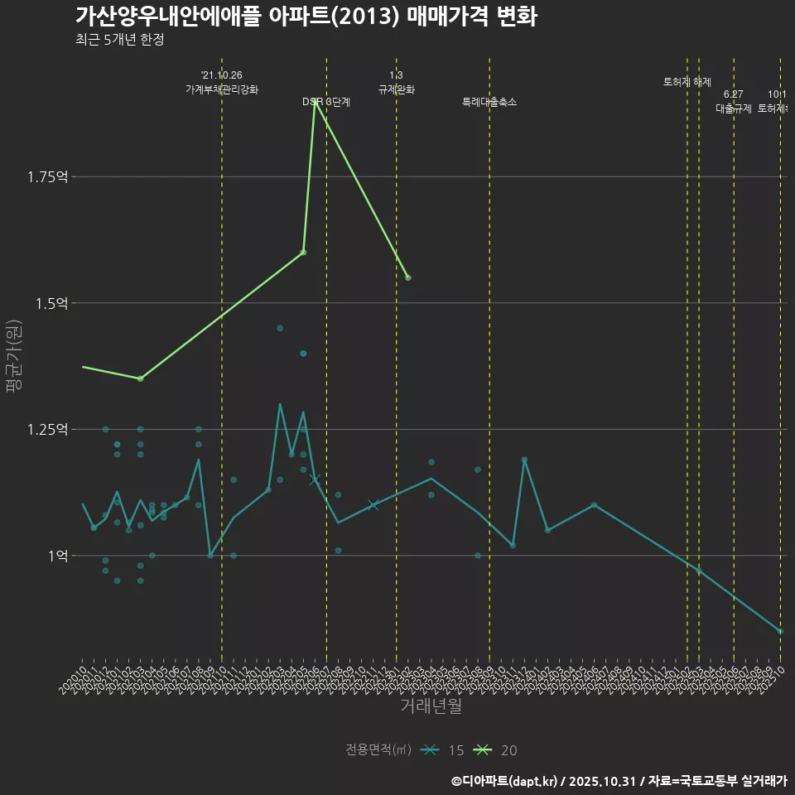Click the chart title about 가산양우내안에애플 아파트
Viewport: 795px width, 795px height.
[306, 17]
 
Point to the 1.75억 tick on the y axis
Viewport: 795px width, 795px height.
[49, 176]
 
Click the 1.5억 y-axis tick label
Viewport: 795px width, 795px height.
[52, 303]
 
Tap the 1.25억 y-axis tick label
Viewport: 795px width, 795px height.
[49, 429]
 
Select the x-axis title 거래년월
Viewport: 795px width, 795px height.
[431, 706]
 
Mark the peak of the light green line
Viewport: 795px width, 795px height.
[315, 103]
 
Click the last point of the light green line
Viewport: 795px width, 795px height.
[408, 277]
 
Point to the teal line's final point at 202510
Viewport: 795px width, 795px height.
[780, 631]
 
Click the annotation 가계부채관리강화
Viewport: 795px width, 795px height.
[222, 89]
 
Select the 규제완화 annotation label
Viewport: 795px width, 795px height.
[396, 89]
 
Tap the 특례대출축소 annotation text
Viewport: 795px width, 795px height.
[489, 102]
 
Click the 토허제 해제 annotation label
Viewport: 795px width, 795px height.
[687, 82]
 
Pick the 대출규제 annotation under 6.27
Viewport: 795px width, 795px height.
[733, 108]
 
